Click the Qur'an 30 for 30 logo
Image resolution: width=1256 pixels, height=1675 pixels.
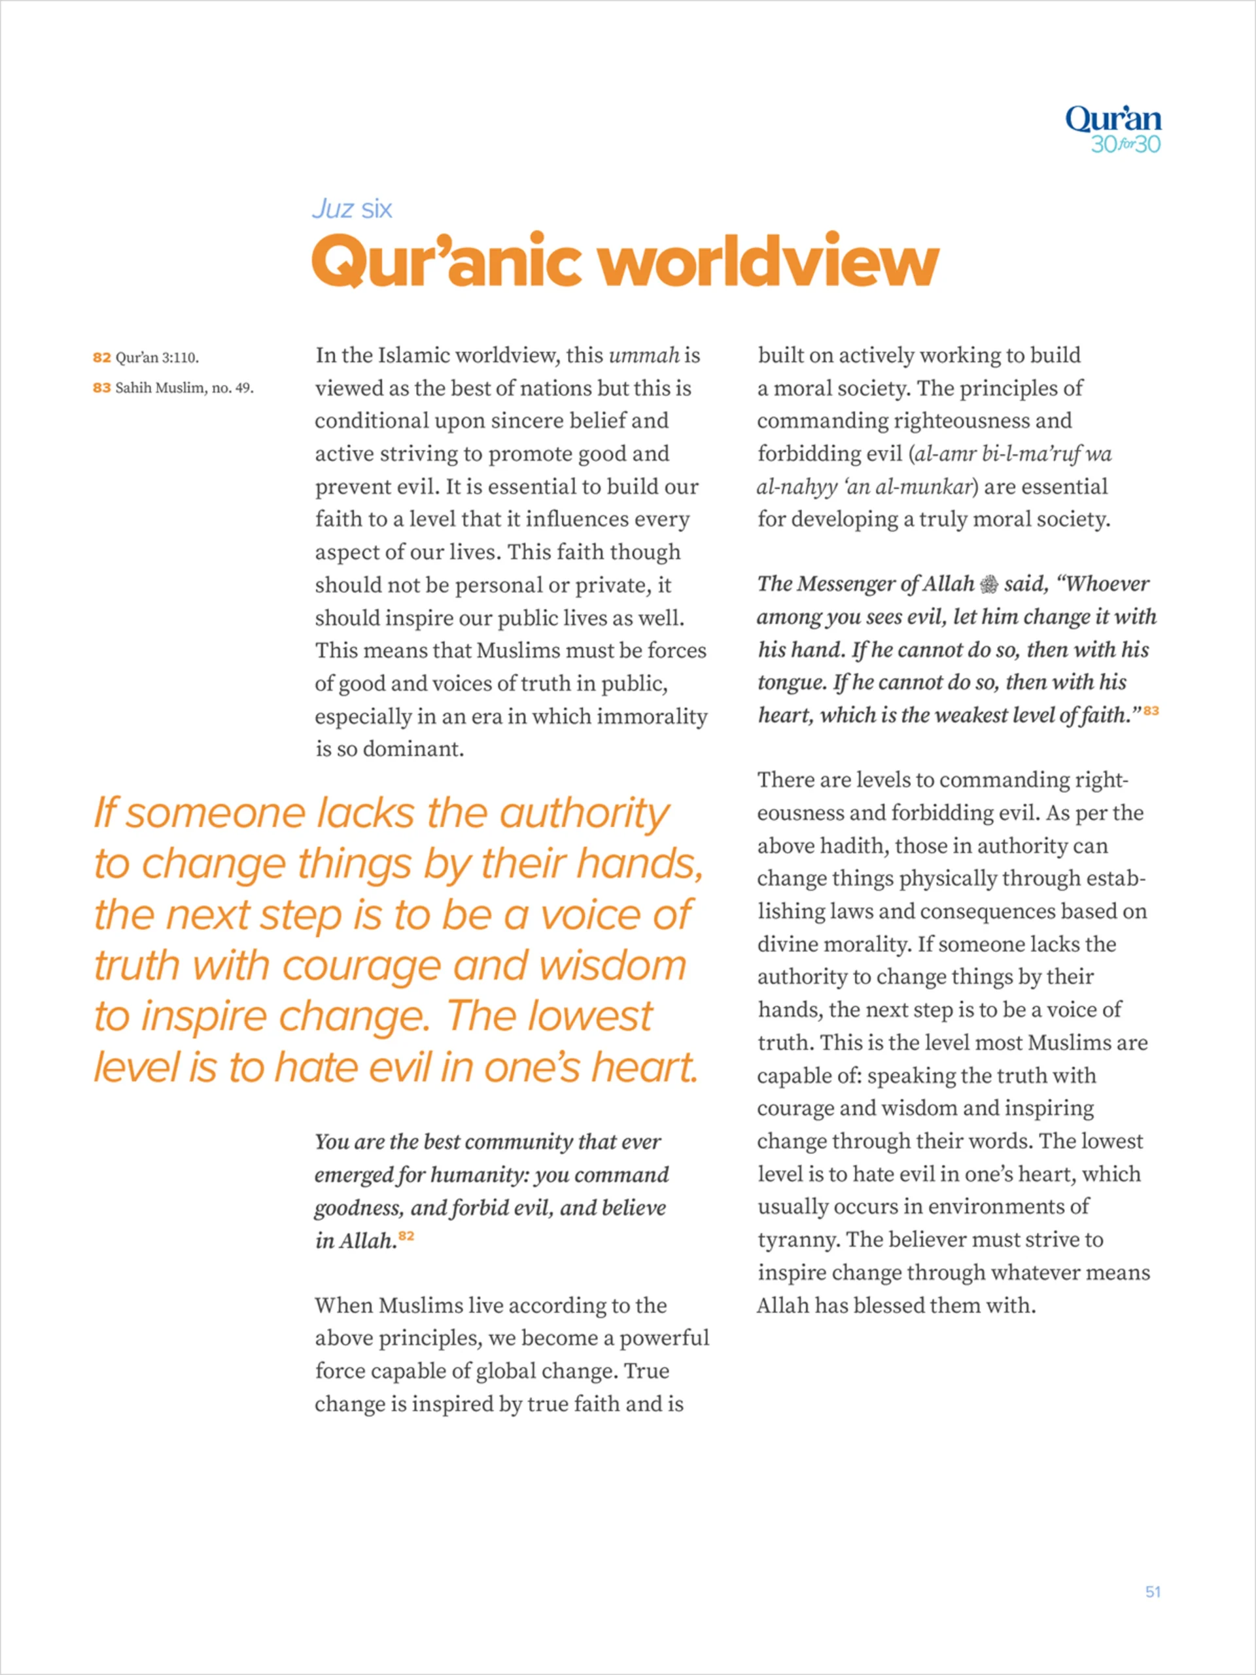pyautogui.click(x=1112, y=130)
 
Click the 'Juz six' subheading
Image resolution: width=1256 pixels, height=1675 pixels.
pyautogui.click(x=352, y=209)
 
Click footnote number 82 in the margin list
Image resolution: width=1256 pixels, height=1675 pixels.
pyautogui.click(x=101, y=357)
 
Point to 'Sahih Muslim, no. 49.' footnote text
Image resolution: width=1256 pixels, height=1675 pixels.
pyautogui.click(x=184, y=389)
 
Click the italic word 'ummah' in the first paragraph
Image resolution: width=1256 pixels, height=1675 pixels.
pyautogui.click(x=644, y=355)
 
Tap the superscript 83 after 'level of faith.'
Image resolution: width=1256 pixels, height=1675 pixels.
pyautogui.click(x=1151, y=711)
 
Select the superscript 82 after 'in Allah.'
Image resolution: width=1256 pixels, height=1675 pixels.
pyautogui.click(x=406, y=1236)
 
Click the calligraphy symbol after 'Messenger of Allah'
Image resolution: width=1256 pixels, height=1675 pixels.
pyautogui.click(x=988, y=584)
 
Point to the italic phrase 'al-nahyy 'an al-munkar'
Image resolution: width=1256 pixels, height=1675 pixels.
pyautogui.click(x=863, y=487)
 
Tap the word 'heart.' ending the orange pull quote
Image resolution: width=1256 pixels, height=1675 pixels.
pyautogui.click(x=644, y=1068)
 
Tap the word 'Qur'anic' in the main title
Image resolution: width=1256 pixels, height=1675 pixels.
pyautogui.click(x=446, y=261)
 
